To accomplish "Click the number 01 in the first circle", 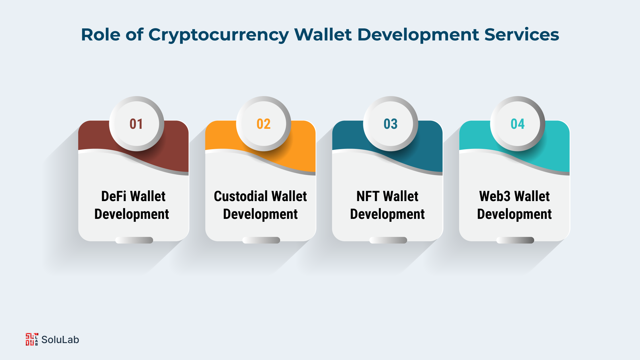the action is [x=136, y=124].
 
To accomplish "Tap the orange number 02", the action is [x=264, y=124].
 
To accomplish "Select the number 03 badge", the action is [x=391, y=124].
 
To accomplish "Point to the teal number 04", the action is [x=518, y=124].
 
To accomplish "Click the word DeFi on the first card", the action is [x=114, y=196].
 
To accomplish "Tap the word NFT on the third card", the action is [x=368, y=196].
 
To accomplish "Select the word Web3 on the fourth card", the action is [x=495, y=196].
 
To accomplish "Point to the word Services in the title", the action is [x=522, y=34].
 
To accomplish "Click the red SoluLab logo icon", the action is [x=32, y=339].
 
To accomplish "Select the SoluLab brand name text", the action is [x=60, y=340].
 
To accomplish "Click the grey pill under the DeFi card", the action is [x=134, y=240].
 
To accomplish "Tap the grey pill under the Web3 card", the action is [x=515, y=240].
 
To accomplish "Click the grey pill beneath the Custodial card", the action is [x=261, y=240].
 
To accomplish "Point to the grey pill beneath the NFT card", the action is [x=388, y=240].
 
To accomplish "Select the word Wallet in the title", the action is [x=323, y=34].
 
